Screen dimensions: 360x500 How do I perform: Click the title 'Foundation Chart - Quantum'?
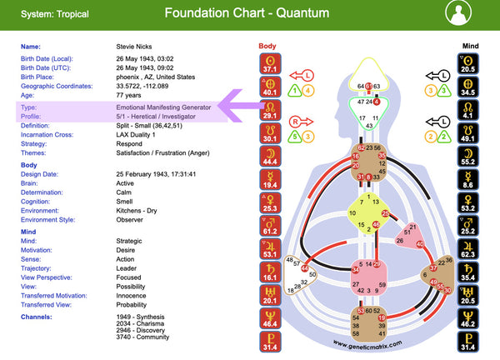point(247,13)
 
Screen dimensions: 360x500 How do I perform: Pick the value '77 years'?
point(129,94)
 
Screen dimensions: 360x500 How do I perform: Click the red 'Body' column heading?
point(267,46)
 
